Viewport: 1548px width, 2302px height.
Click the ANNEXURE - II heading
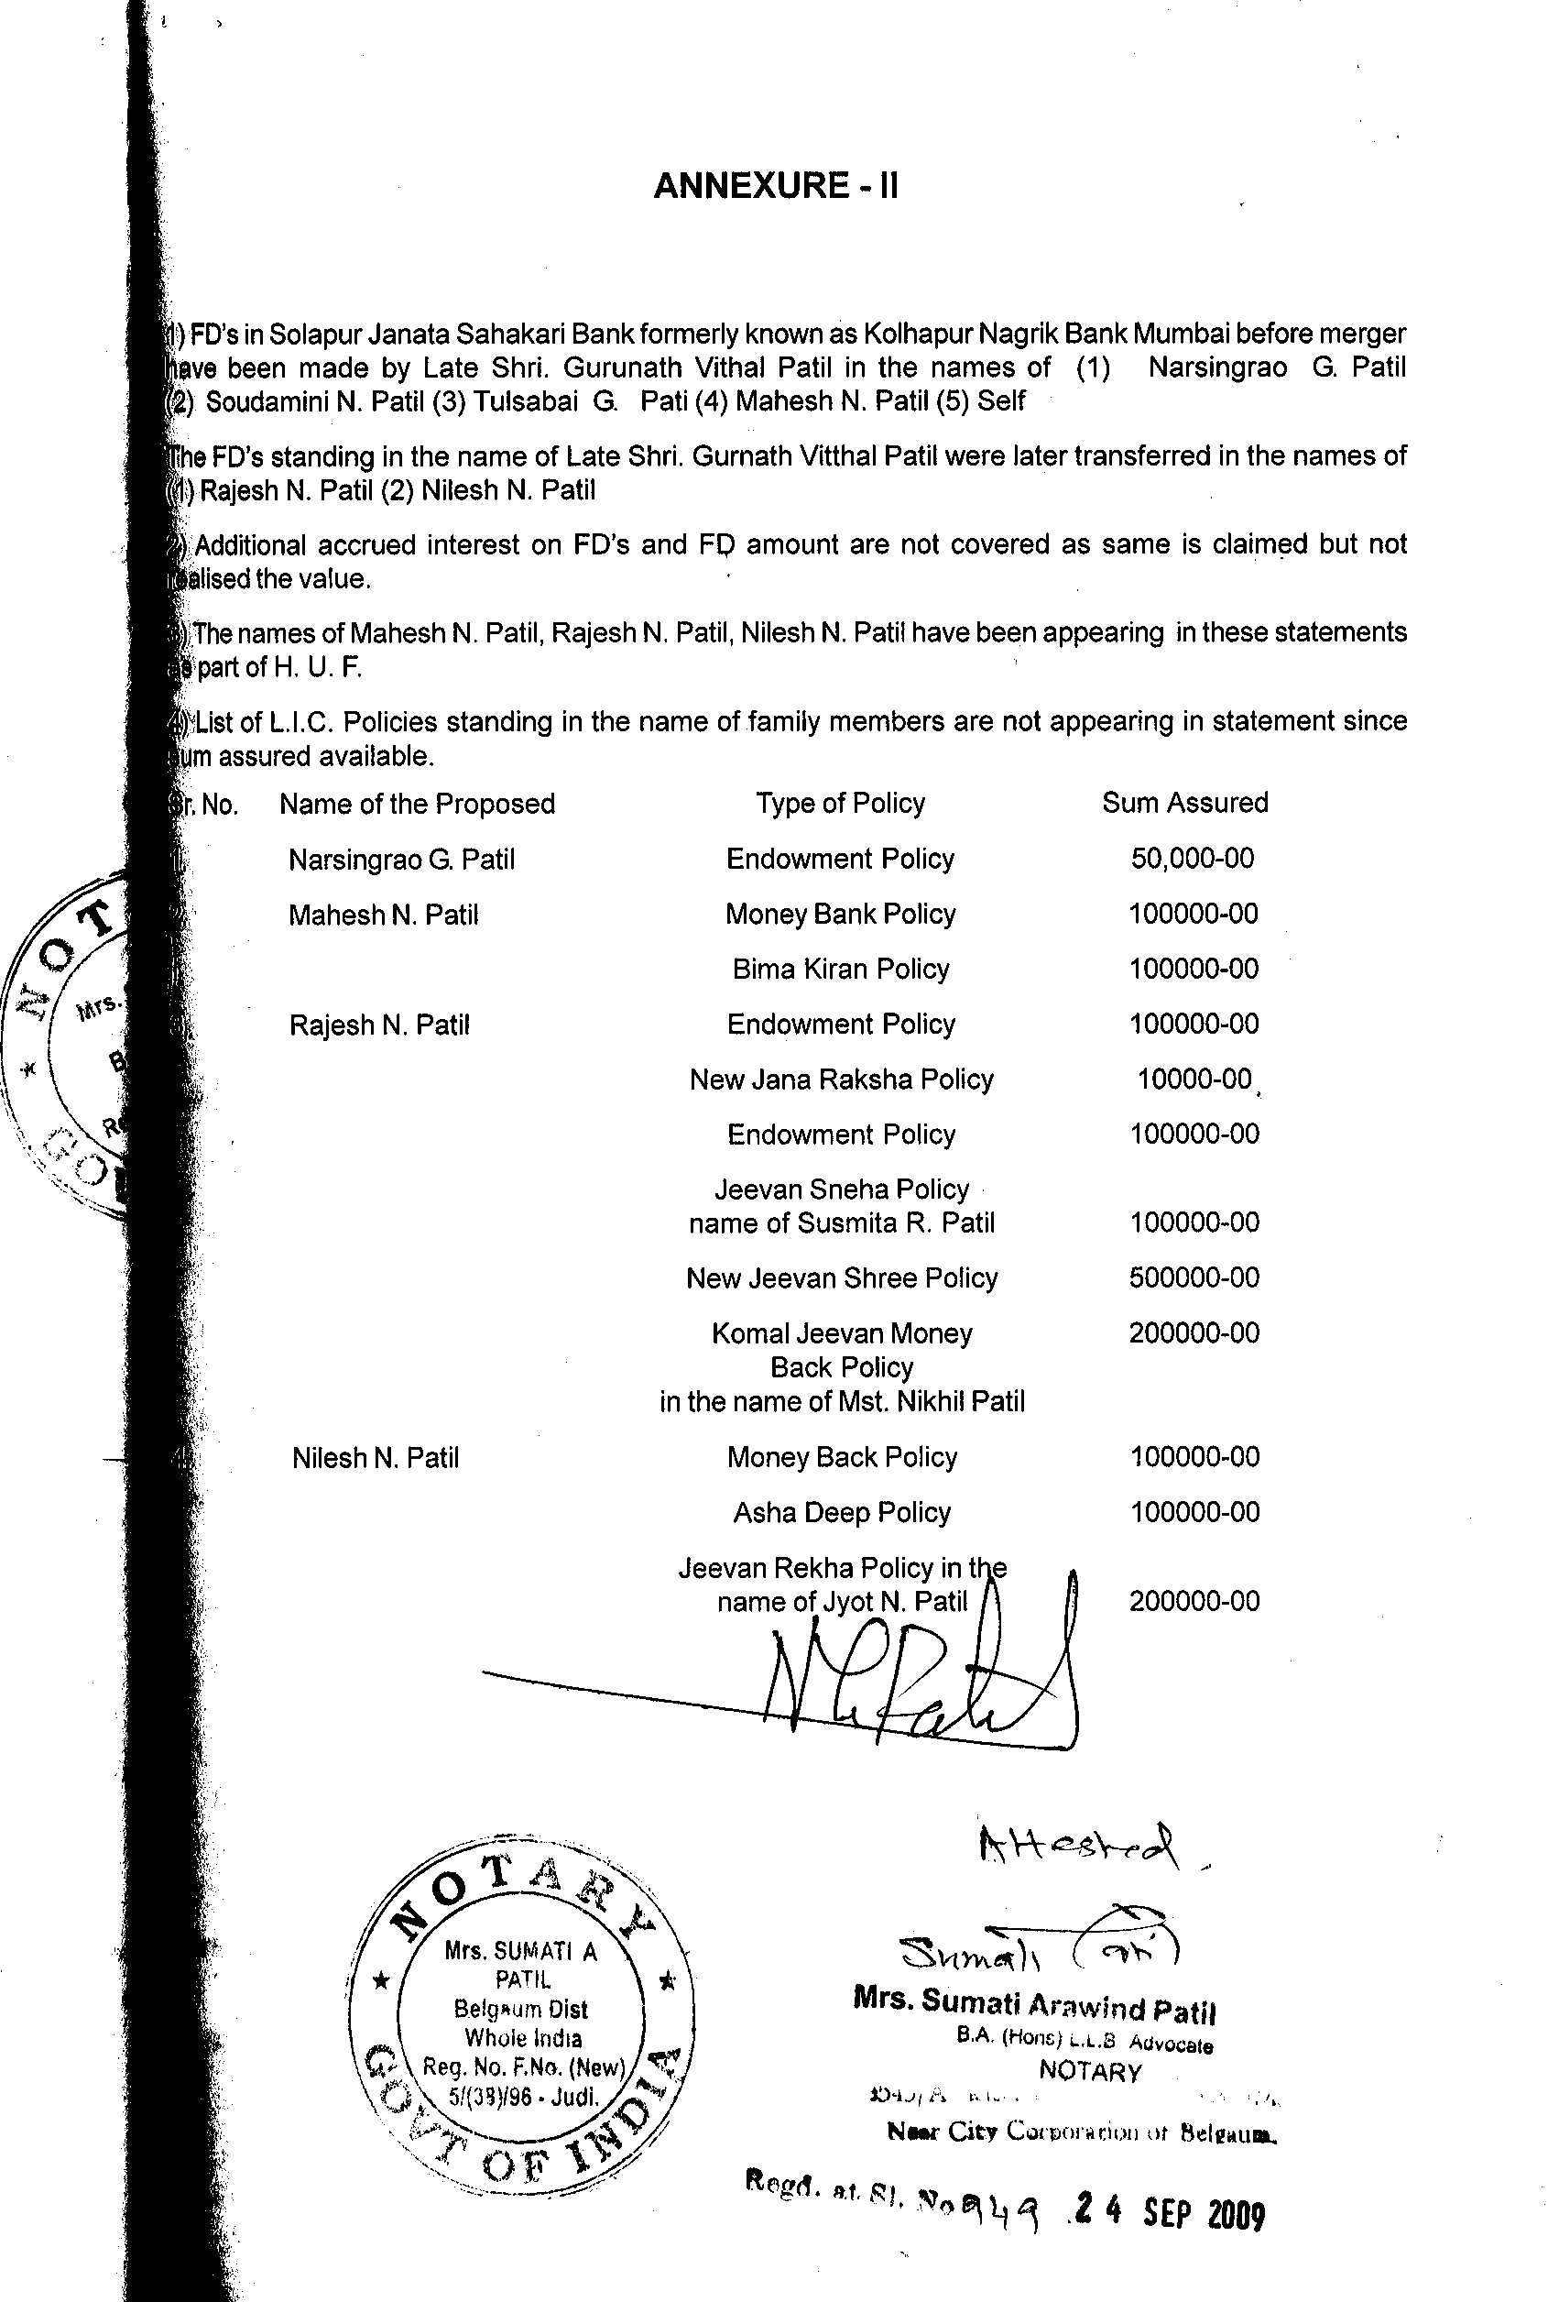pyautogui.click(x=775, y=186)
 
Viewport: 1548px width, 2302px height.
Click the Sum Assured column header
pyautogui.click(x=1184, y=803)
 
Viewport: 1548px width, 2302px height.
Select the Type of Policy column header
pyautogui.click(x=840, y=804)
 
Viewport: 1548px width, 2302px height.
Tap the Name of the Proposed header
pyautogui.click(x=417, y=804)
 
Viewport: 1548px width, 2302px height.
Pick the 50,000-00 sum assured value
pyautogui.click(x=1192, y=858)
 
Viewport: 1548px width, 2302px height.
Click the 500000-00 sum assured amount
pyautogui.click(x=1194, y=1277)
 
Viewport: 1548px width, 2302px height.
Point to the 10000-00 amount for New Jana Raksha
pyautogui.click(x=1194, y=1080)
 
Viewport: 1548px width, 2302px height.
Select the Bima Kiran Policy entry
pyautogui.click(x=840, y=969)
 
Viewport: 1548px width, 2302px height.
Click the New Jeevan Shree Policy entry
pyautogui.click(x=841, y=1277)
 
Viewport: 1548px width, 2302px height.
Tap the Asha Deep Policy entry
pyautogui.click(x=841, y=1512)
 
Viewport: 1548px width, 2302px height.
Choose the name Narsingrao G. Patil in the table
pyautogui.click(x=401, y=860)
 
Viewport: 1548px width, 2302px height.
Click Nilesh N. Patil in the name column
pyautogui.click(x=376, y=1458)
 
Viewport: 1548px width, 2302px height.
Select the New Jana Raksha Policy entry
pyautogui.click(x=841, y=1080)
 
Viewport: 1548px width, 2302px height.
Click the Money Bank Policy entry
pyautogui.click(x=840, y=915)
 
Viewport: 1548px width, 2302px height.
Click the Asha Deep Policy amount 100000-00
pyautogui.click(x=1194, y=1512)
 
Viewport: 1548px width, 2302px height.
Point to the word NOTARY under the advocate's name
pyautogui.click(x=1090, y=2071)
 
